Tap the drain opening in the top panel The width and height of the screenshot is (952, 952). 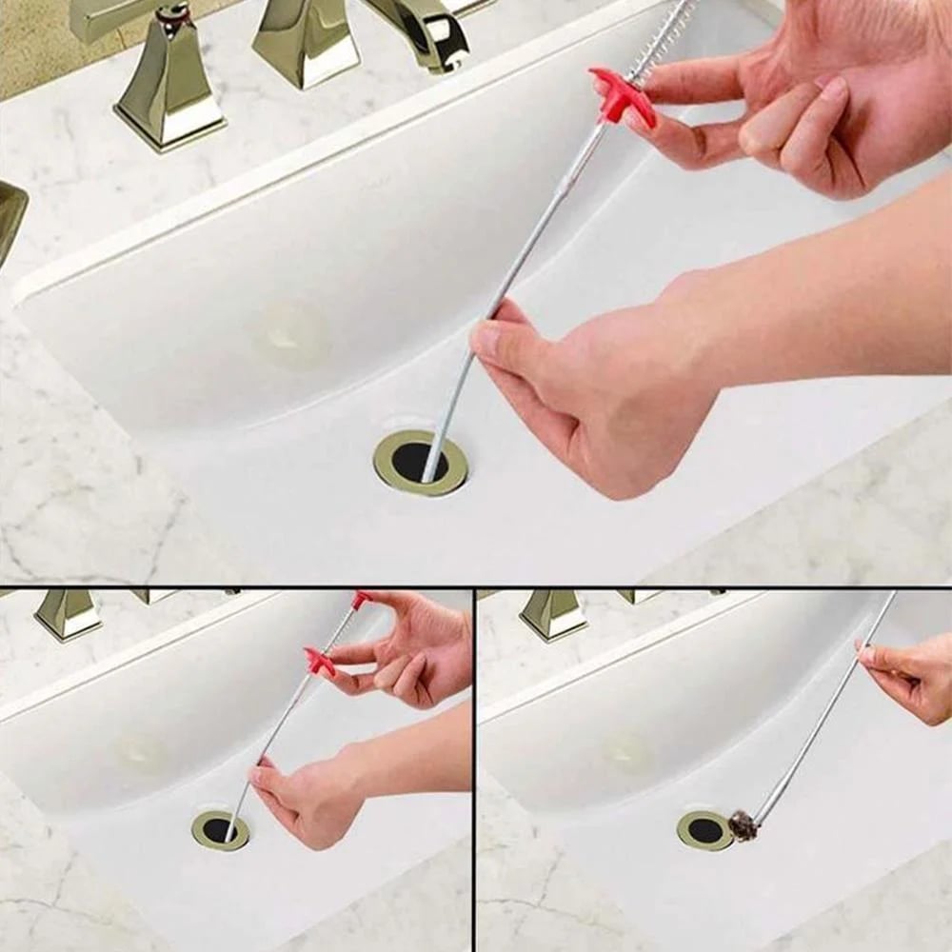(x=420, y=462)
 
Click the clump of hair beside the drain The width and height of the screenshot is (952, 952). (x=743, y=825)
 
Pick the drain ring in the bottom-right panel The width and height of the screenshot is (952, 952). (x=704, y=830)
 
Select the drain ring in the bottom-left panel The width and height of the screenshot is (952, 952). (x=220, y=830)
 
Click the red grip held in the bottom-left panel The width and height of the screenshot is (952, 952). (x=320, y=662)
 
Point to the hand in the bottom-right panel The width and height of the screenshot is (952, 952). (x=909, y=676)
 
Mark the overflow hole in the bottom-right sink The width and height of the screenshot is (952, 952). (x=628, y=752)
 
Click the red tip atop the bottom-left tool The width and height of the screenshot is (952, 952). (x=361, y=600)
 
